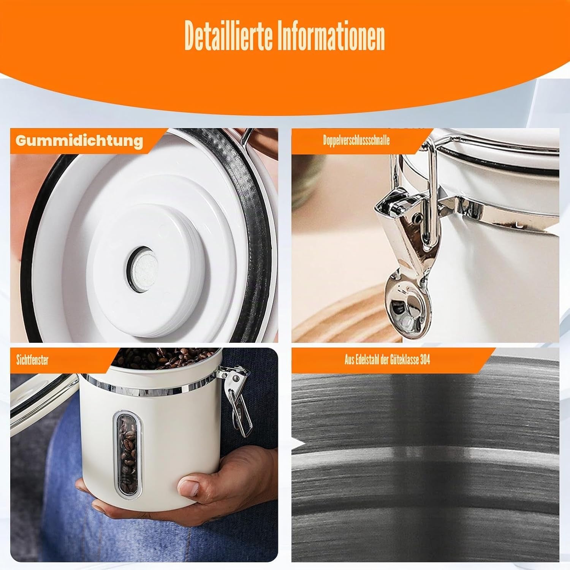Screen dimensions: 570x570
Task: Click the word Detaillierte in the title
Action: point(230,36)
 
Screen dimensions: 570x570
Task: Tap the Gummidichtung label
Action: point(79,141)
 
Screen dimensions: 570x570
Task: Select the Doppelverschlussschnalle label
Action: point(356,141)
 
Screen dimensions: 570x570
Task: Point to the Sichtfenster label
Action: point(32,360)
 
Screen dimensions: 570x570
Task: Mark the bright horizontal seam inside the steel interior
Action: point(426,452)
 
